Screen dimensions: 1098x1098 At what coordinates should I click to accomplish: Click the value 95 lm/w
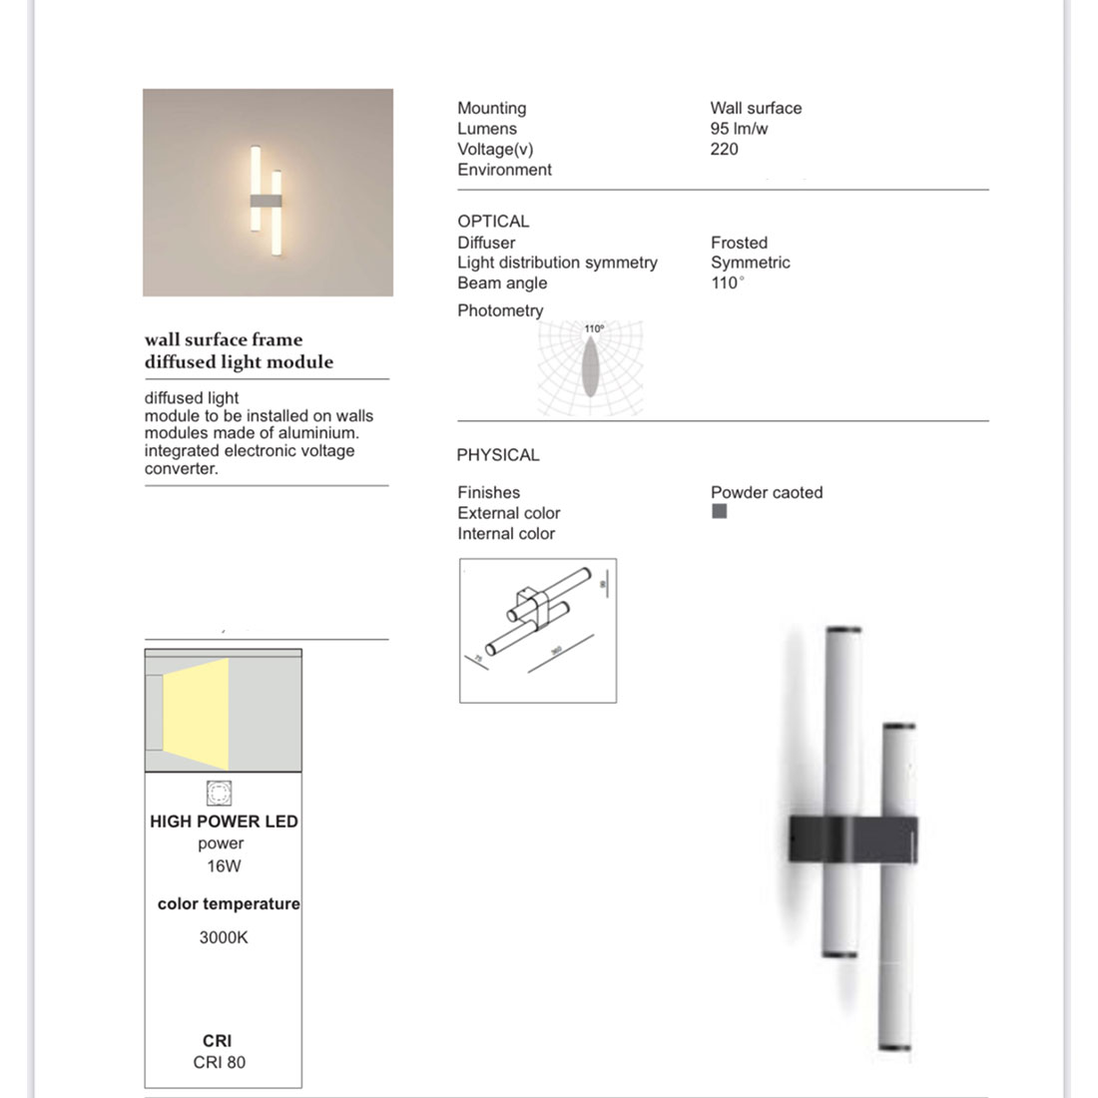coord(739,129)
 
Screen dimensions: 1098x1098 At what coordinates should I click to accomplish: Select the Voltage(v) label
coord(495,149)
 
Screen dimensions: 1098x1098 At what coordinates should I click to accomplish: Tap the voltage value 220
coord(724,149)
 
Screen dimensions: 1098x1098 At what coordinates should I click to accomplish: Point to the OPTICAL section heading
coord(493,222)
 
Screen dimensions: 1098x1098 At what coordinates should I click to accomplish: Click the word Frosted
coord(739,243)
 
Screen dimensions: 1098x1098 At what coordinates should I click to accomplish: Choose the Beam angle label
coord(502,282)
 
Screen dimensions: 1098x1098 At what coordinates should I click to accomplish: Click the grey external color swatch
coord(719,511)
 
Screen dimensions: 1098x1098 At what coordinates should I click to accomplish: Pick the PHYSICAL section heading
coord(497,455)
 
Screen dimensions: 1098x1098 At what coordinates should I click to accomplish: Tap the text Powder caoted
coord(767,492)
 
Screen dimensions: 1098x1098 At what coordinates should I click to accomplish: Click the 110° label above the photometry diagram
coord(594,328)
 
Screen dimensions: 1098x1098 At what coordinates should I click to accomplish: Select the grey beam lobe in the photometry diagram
coord(591,365)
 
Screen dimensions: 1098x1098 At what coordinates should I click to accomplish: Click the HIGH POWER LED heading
coord(224,822)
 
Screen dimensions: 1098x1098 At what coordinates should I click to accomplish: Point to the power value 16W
coord(224,866)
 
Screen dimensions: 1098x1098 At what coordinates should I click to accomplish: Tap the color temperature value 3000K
coord(224,937)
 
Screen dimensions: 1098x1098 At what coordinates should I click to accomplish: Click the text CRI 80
coord(219,1062)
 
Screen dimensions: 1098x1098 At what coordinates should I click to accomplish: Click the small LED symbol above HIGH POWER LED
coord(219,793)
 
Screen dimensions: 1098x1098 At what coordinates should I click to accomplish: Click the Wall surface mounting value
coord(756,108)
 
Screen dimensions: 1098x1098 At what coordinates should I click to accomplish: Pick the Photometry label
coord(500,310)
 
